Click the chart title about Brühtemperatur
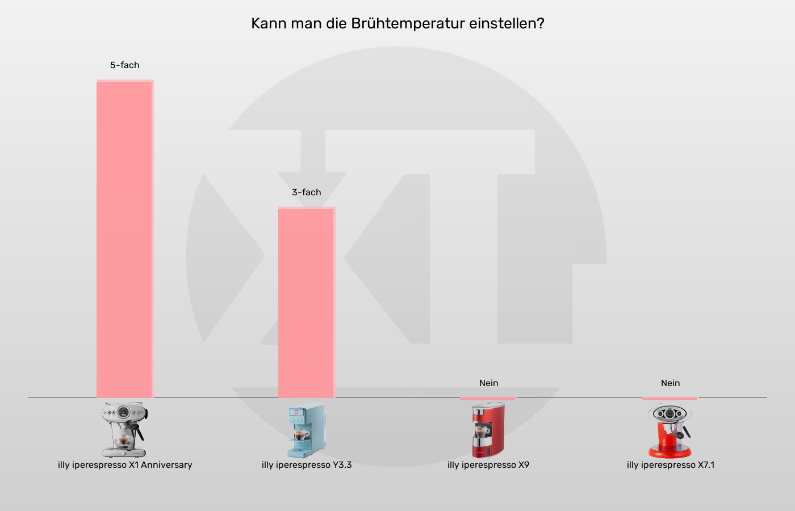coord(397,24)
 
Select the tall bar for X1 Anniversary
coord(125,238)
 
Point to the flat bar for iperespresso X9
coord(488,399)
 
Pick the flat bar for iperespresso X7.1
coord(670,399)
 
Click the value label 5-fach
coord(125,65)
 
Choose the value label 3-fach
coord(307,192)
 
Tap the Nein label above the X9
coord(488,383)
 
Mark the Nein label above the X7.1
coord(670,383)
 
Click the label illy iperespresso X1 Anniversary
coord(125,465)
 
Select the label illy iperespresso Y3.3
coord(307,465)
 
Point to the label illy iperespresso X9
coord(488,465)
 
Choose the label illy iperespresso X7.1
coord(671,465)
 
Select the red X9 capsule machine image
coord(488,430)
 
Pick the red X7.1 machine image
coord(670,430)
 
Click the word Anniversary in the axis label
coord(166,465)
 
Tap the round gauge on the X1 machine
coord(124,412)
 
